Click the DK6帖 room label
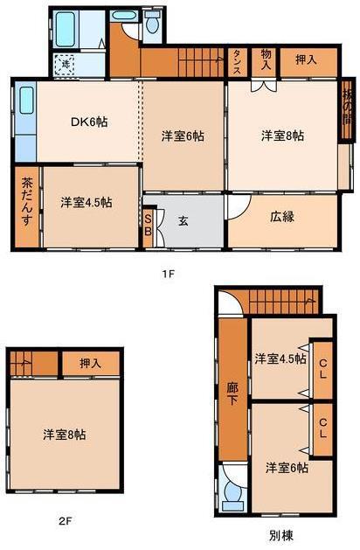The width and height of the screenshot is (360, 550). [89, 122]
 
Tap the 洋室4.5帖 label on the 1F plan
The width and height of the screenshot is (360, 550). [86, 202]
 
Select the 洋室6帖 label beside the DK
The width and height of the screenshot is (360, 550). [183, 136]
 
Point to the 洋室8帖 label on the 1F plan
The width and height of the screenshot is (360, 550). [282, 136]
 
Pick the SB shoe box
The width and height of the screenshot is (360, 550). [148, 224]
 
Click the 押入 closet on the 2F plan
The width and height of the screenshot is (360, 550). [89, 362]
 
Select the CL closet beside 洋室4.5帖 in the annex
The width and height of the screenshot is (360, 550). [322, 366]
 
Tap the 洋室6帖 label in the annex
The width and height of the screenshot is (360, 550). [287, 468]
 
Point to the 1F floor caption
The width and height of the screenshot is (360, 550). [169, 274]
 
